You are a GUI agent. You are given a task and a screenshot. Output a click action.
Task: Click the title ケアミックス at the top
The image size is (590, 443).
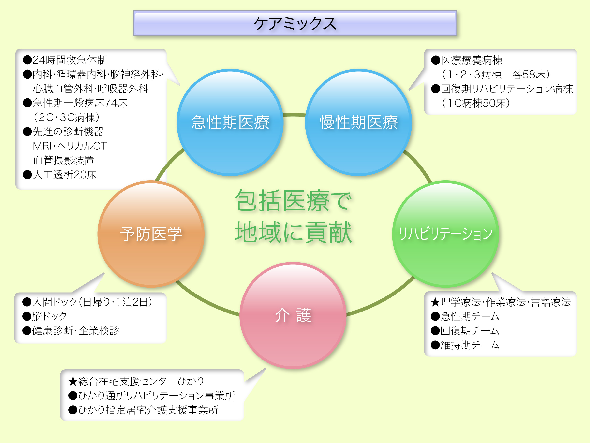295,23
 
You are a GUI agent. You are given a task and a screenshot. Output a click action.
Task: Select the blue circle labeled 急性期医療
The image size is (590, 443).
230,122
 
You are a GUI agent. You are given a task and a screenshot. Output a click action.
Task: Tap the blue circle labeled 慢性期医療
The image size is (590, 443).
358,122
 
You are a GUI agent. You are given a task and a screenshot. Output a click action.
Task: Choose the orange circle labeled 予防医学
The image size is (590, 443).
151,234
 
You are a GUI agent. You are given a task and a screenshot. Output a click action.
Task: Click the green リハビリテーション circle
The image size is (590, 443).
445,234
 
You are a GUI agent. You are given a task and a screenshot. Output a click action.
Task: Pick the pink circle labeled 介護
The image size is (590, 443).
293,315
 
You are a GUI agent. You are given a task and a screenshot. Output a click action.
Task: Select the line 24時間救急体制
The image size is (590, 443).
69,60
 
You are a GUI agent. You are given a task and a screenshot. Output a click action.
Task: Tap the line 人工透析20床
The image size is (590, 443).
65,175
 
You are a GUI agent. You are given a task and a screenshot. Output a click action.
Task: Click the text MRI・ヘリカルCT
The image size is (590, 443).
70,146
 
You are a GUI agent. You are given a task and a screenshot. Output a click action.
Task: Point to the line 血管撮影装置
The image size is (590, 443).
63,160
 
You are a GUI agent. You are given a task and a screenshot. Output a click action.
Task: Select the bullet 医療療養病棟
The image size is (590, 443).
471,60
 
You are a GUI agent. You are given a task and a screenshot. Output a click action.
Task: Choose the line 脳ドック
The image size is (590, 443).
50,316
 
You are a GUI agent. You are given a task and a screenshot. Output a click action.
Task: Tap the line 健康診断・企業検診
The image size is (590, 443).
76,331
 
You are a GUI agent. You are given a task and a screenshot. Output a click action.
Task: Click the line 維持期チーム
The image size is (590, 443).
470,345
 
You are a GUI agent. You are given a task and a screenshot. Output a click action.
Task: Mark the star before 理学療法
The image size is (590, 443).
435,302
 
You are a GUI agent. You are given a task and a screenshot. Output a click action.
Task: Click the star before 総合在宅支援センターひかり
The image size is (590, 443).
73,381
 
